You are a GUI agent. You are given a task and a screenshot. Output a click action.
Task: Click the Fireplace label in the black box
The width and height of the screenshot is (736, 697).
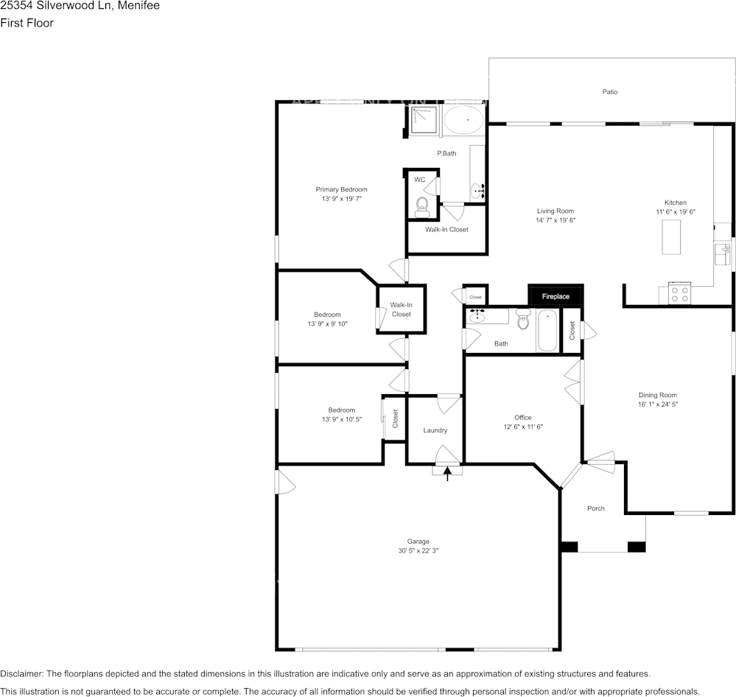[x=555, y=296]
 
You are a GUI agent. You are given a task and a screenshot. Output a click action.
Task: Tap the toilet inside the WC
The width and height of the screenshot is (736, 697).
[x=422, y=205]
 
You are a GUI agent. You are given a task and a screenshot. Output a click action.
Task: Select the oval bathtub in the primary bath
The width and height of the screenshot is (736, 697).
[x=463, y=120]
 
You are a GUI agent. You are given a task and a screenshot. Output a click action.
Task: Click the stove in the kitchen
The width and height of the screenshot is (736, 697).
[x=679, y=294]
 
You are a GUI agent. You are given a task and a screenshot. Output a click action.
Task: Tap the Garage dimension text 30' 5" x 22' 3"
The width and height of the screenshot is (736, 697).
[x=418, y=550]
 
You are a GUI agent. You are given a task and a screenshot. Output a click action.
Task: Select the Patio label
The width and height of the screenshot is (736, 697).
[x=609, y=92]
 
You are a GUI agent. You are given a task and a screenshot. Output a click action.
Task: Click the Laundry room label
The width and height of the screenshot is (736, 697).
[x=435, y=430]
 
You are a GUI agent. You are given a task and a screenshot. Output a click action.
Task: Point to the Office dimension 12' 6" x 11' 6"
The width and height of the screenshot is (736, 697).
[x=522, y=427]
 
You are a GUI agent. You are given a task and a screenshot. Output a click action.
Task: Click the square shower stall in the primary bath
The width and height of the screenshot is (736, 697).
[x=424, y=120]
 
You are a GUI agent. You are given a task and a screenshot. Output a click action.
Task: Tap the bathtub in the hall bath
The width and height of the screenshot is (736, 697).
[x=547, y=331]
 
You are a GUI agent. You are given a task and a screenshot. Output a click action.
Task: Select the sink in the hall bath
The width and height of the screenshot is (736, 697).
[x=477, y=316]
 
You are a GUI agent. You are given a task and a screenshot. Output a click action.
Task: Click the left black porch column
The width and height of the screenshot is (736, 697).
[x=569, y=547]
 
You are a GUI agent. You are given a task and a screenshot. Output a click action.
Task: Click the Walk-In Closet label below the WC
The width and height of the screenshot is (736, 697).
[x=446, y=229]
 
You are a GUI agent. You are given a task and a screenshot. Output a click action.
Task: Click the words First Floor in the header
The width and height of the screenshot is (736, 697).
[x=27, y=23]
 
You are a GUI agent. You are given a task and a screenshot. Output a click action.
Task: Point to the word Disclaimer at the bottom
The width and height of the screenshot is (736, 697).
[x=22, y=673]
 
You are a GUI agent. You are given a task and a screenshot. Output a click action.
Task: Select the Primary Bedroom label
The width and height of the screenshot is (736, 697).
[x=341, y=189]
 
